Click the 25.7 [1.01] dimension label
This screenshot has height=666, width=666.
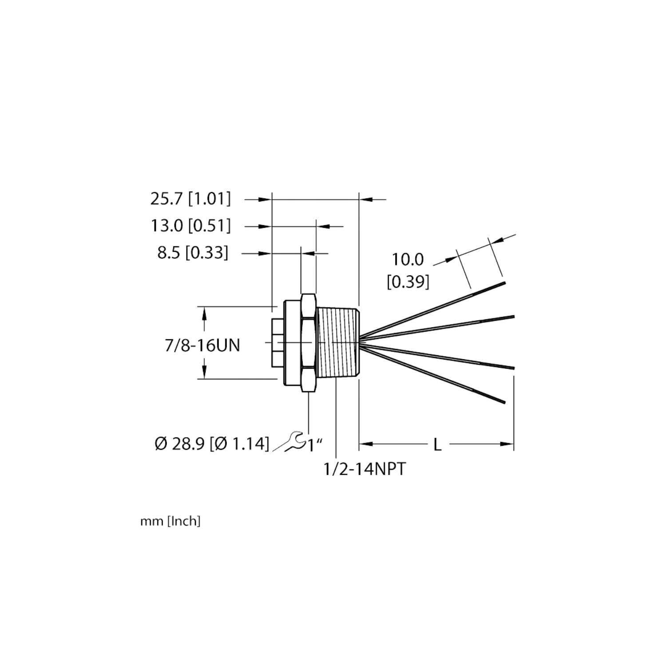tap(190, 199)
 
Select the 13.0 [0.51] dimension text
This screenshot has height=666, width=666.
tap(191, 226)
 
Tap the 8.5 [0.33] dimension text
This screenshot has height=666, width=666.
tap(192, 253)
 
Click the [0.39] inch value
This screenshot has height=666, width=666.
tap(408, 282)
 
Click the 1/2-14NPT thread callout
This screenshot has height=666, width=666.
tap(365, 469)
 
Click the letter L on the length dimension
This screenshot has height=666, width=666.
tap(438, 444)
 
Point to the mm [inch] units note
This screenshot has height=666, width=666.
tap(170, 523)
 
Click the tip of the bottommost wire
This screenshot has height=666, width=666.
tap(505, 403)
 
